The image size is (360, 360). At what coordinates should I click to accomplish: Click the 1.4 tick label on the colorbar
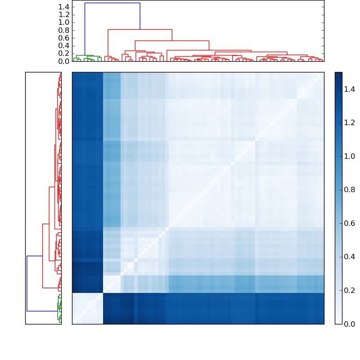[x=350, y=90]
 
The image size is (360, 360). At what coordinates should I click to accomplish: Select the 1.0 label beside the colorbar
[x=350, y=157]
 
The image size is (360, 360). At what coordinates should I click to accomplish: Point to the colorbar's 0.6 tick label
[x=350, y=224]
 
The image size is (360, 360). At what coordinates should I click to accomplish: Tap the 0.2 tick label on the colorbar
[x=350, y=290]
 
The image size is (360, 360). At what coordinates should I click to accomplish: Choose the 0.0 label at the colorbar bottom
[x=350, y=324]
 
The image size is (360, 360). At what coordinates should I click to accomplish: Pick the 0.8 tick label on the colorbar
[x=350, y=190]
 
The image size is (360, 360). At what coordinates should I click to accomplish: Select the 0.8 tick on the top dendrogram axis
[x=64, y=30]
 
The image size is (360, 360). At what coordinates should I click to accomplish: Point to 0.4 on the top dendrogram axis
[x=64, y=45]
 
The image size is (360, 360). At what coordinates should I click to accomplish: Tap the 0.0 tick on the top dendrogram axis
[x=64, y=61]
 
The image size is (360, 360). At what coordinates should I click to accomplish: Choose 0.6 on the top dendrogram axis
[x=64, y=38]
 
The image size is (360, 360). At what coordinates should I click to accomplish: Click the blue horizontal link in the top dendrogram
[x=112, y=3]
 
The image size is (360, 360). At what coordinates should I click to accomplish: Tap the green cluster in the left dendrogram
[x=59, y=308]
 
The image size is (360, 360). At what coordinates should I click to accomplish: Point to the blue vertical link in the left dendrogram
[x=27, y=283]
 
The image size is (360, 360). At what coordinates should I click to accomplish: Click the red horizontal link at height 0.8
[x=140, y=29]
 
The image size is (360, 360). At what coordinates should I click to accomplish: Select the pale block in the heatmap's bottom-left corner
[x=87, y=308]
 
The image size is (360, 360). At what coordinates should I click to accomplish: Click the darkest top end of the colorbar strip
[x=338, y=74]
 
